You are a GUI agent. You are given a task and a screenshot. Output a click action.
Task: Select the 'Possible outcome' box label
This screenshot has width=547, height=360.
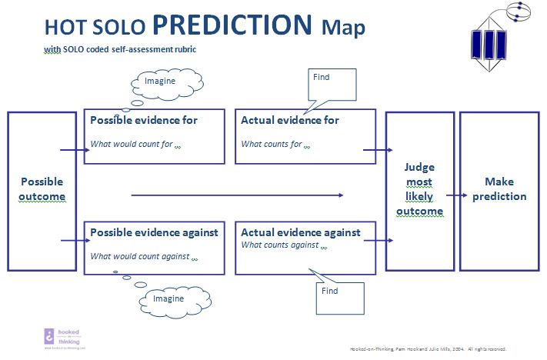click(x=42, y=189)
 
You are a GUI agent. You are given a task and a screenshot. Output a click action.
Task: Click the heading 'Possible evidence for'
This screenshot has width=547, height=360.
click(x=144, y=120)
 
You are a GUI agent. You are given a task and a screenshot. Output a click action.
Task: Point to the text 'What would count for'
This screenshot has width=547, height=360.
click(x=132, y=144)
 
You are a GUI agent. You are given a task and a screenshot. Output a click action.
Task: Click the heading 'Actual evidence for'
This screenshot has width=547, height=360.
click(x=290, y=120)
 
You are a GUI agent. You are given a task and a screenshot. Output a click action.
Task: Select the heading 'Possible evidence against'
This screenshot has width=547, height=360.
click(x=154, y=232)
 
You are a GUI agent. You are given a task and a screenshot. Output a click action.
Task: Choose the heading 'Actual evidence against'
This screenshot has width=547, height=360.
click(x=301, y=232)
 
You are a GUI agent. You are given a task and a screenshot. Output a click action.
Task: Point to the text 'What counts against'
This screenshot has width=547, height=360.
click(x=280, y=245)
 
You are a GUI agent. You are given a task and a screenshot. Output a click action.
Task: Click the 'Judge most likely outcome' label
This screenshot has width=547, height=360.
click(x=419, y=190)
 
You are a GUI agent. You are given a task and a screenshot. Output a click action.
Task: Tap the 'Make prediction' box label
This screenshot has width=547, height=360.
click(x=499, y=189)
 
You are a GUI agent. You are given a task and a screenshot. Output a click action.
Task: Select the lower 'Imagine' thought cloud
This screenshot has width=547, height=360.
click(x=167, y=298)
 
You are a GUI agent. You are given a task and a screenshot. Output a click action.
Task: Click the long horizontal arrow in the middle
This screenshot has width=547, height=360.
click(x=237, y=195)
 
